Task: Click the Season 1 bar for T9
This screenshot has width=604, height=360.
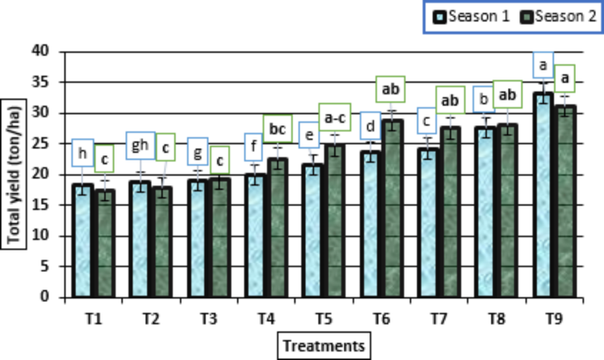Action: click(x=543, y=194)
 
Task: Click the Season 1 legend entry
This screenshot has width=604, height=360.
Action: click(x=465, y=17)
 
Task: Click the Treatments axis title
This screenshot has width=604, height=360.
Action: click(x=323, y=343)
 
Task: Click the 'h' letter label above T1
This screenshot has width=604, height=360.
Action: click(x=83, y=152)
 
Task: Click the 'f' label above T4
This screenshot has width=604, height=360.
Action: click(x=256, y=145)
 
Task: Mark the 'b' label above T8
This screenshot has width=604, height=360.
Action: click(x=484, y=100)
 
